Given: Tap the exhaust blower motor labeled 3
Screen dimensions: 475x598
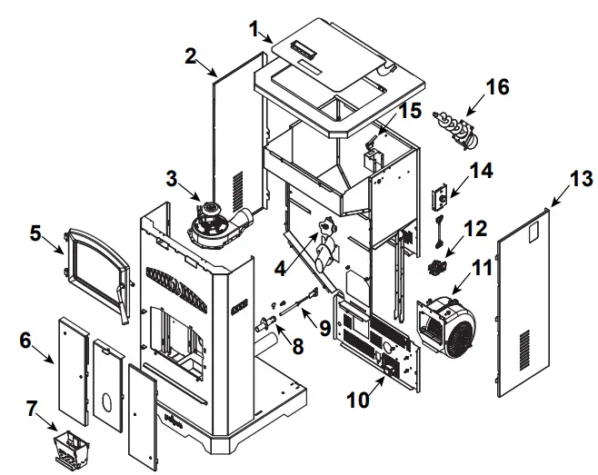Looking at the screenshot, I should pyautogui.click(x=215, y=223).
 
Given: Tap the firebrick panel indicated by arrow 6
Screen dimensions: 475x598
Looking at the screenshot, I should pyautogui.click(x=71, y=369).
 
